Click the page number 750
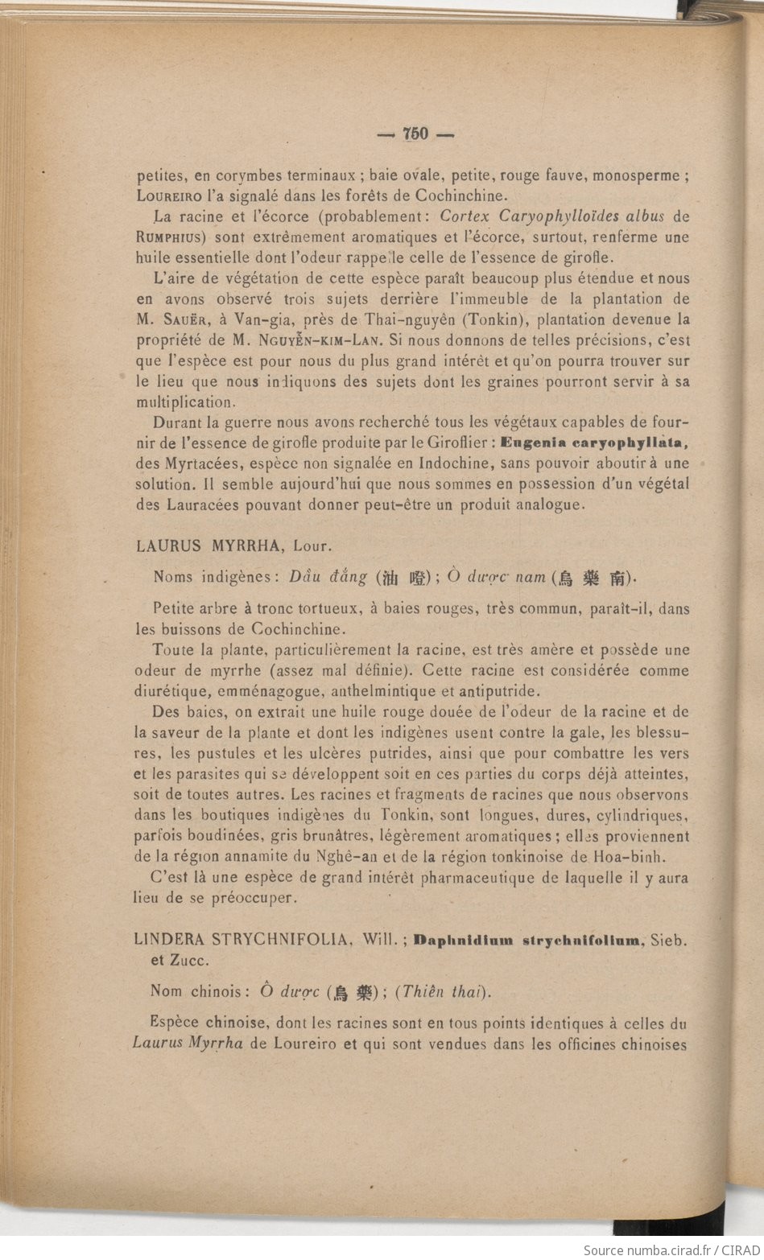[x=415, y=134]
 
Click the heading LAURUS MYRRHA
[x=209, y=546]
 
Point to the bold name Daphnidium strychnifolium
[x=528, y=940]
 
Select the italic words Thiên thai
[x=444, y=992]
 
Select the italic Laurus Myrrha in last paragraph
[x=188, y=1045]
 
